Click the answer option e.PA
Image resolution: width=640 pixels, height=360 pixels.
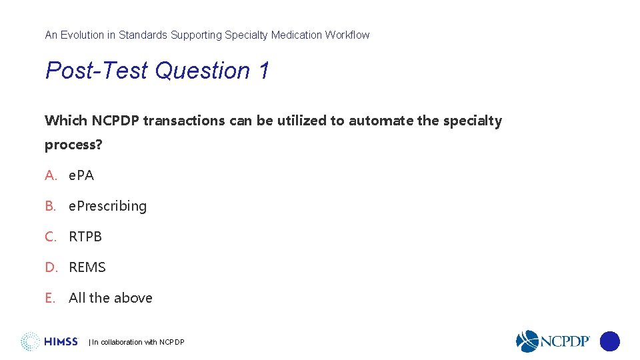81,175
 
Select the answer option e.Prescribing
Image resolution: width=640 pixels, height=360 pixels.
107,206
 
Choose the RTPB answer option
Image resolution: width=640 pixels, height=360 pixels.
85,237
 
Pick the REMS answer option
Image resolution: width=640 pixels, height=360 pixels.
87,267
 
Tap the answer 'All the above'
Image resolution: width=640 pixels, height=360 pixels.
111,298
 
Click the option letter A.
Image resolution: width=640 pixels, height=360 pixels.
51,175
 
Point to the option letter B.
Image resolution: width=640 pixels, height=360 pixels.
51,206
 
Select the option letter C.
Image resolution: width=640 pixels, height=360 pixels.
51,237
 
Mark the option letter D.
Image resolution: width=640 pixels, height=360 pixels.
51,267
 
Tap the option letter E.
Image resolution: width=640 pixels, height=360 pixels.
50,298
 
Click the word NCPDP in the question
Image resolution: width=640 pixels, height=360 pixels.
115,121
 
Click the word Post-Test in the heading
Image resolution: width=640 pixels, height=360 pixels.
96,71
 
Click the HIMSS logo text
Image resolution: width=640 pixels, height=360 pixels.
61,342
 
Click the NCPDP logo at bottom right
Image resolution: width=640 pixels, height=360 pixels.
553,341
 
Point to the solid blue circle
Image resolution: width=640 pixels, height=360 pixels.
610,341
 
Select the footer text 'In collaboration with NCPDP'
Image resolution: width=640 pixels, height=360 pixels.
138,342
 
